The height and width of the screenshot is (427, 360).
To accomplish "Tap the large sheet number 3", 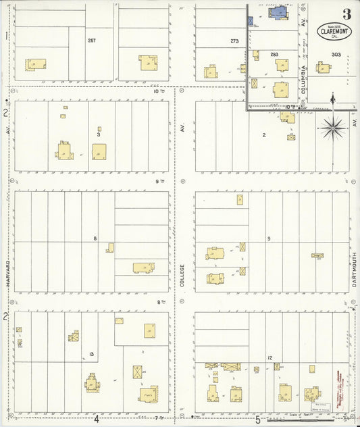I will (x=346, y=14).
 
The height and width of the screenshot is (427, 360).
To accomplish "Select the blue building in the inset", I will (x=278, y=11).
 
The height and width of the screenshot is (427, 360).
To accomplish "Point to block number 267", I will (x=91, y=41).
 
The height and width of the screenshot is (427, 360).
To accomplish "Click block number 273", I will (x=234, y=41).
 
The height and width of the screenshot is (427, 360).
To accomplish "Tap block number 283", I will (x=274, y=54).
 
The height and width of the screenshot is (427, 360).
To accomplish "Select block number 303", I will (x=336, y=54).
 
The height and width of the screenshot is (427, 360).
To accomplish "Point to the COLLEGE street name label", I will (x=182, y=275).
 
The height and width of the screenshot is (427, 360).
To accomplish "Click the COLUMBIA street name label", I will (x=305, y=78).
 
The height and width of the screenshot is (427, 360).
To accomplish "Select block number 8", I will (x=95, y=238).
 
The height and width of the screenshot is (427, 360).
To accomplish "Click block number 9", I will (x=268, y=238).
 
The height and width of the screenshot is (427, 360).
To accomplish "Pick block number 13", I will (x=91, y=353).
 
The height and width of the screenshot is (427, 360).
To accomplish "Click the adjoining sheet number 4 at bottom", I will (x=97, y=419).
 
